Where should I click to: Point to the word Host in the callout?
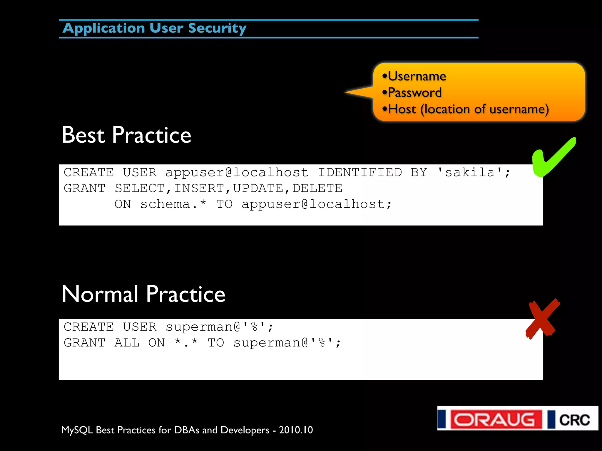pos(402,109)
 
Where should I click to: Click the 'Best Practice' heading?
pos(126,135)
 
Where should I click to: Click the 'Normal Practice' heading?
pos(143,294)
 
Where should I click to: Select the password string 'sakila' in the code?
pos(470,172)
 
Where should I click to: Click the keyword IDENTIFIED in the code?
pos(360,172)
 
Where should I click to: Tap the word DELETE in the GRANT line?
pos(317,188)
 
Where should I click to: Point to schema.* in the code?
pos(173,204)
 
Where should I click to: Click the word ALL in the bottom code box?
pos(127,343)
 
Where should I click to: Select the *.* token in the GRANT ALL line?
pos(186,342)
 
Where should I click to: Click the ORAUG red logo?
pos(496,419)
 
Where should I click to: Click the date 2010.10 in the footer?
pos(296,430)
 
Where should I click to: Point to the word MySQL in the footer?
pos(77,430)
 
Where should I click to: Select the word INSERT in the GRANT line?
pos(199,188)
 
